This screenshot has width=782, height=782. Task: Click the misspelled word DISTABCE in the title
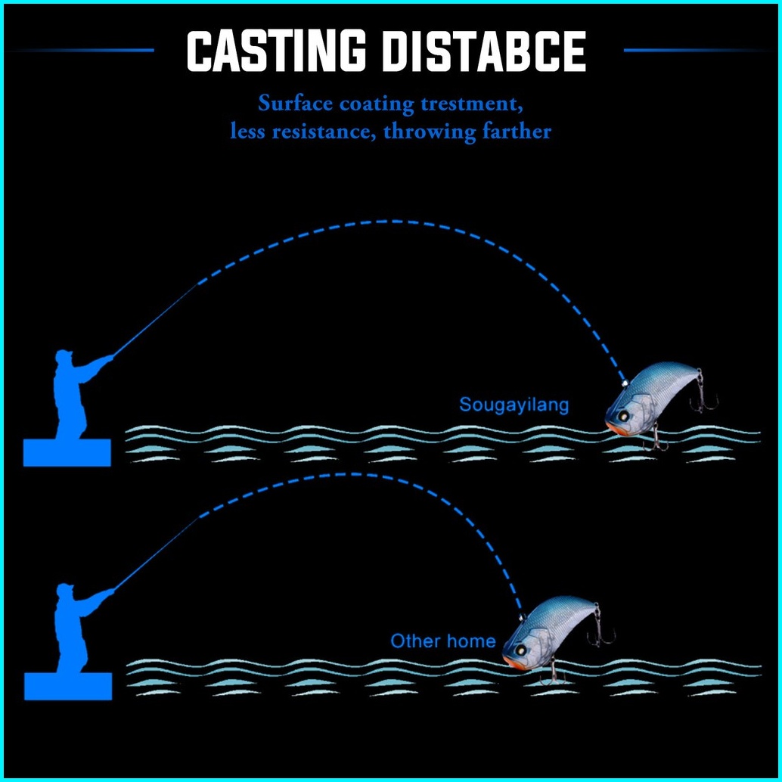pos(484,51)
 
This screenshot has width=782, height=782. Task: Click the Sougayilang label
pos(514,405)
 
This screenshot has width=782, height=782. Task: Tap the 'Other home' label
pos(443,641)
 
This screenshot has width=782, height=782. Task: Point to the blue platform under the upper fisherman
pos(67,452)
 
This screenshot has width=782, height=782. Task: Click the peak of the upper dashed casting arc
pos(389,221)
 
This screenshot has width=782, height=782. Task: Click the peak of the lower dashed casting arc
pos(348,474)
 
